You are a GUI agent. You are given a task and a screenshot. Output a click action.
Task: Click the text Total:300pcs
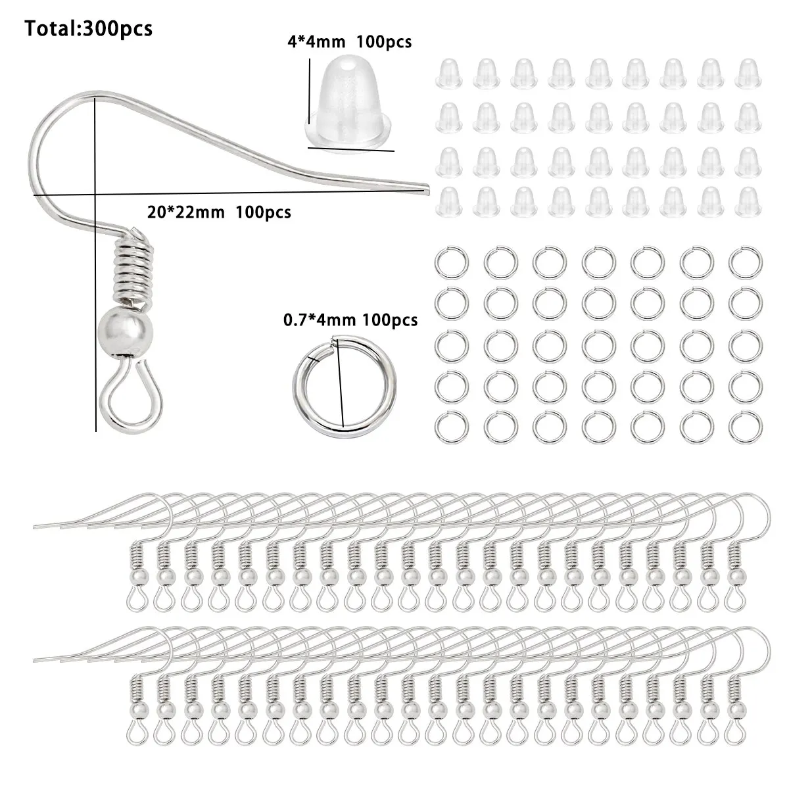pos(89,29)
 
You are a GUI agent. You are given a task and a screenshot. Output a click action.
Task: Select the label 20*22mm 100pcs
pos(217,212)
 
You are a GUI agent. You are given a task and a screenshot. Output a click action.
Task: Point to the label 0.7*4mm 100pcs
pos(350,320)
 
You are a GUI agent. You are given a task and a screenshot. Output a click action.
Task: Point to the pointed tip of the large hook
pos(424,189)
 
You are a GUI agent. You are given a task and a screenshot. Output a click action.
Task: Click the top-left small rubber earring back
pos(448,74)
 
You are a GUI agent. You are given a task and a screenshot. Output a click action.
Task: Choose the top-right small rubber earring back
pos(748,74)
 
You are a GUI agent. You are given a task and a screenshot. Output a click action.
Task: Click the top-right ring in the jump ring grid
pos(743,263)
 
